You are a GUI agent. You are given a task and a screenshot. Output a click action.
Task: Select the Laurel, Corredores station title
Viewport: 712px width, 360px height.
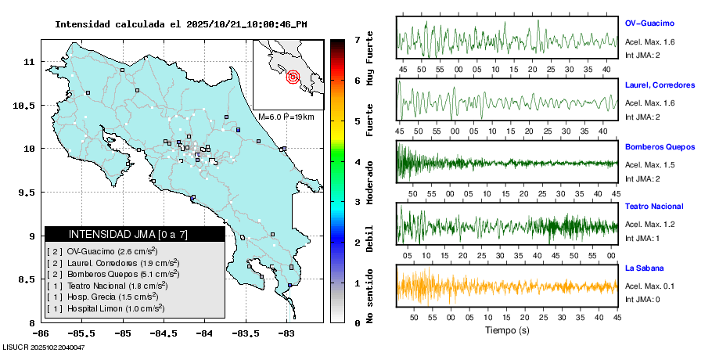tap(660, 85)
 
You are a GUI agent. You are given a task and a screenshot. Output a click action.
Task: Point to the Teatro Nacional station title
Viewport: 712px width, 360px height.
tap(654, 207)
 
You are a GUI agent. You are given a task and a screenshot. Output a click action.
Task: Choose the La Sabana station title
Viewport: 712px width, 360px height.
tap(644, 268)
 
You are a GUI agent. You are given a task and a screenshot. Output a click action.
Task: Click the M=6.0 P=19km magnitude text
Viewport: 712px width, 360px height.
tap(286, 117)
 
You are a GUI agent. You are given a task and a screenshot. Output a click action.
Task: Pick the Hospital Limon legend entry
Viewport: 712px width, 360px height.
tap(106, 309)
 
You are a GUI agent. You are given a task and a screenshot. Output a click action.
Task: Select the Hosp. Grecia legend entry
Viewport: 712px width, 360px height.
tap(105, 297)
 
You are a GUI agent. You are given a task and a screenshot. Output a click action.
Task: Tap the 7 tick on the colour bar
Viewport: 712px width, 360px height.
tap(357, 39)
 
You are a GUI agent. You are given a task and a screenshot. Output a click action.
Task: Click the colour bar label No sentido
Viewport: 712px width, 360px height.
tap(370, 297)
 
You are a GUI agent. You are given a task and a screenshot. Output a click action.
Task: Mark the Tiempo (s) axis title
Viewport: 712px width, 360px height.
tap(507, 330)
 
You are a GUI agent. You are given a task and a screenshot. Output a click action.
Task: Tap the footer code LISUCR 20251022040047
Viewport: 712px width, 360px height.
tap(43, 347)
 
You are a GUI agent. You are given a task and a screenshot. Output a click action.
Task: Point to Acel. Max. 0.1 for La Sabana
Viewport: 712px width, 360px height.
tap(649, 286)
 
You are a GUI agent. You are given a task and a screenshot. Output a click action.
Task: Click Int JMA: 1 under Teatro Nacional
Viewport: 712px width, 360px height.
tap(642, 238)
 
